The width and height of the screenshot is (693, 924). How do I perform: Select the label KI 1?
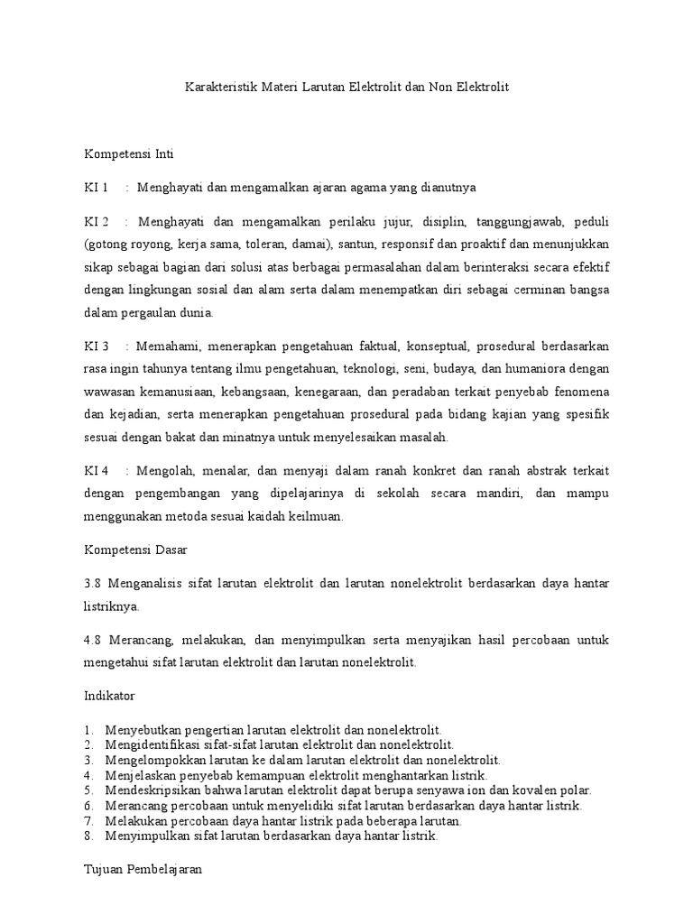(x=96, y=188)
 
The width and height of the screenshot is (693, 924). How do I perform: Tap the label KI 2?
(x=96, y=222)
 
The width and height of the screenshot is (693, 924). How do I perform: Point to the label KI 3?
(x=96, y=346)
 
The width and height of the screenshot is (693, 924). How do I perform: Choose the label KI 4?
(x=96, y=471)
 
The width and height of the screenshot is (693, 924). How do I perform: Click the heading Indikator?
(x=110, y=696)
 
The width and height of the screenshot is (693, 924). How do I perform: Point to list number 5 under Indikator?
(x=88, y=790)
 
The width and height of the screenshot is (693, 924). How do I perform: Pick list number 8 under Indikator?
(x=88, y=836)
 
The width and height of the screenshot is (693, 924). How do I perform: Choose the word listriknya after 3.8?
(x=112, y=606)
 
